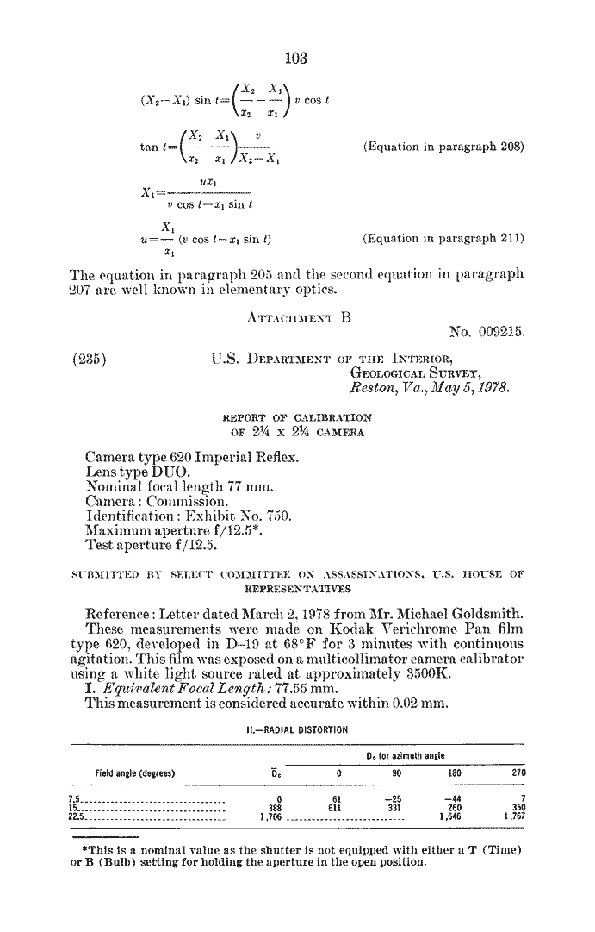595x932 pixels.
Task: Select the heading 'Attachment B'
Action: pos(297,316)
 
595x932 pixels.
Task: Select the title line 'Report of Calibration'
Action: pos(297,418)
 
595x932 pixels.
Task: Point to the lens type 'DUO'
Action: pos(165,470)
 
